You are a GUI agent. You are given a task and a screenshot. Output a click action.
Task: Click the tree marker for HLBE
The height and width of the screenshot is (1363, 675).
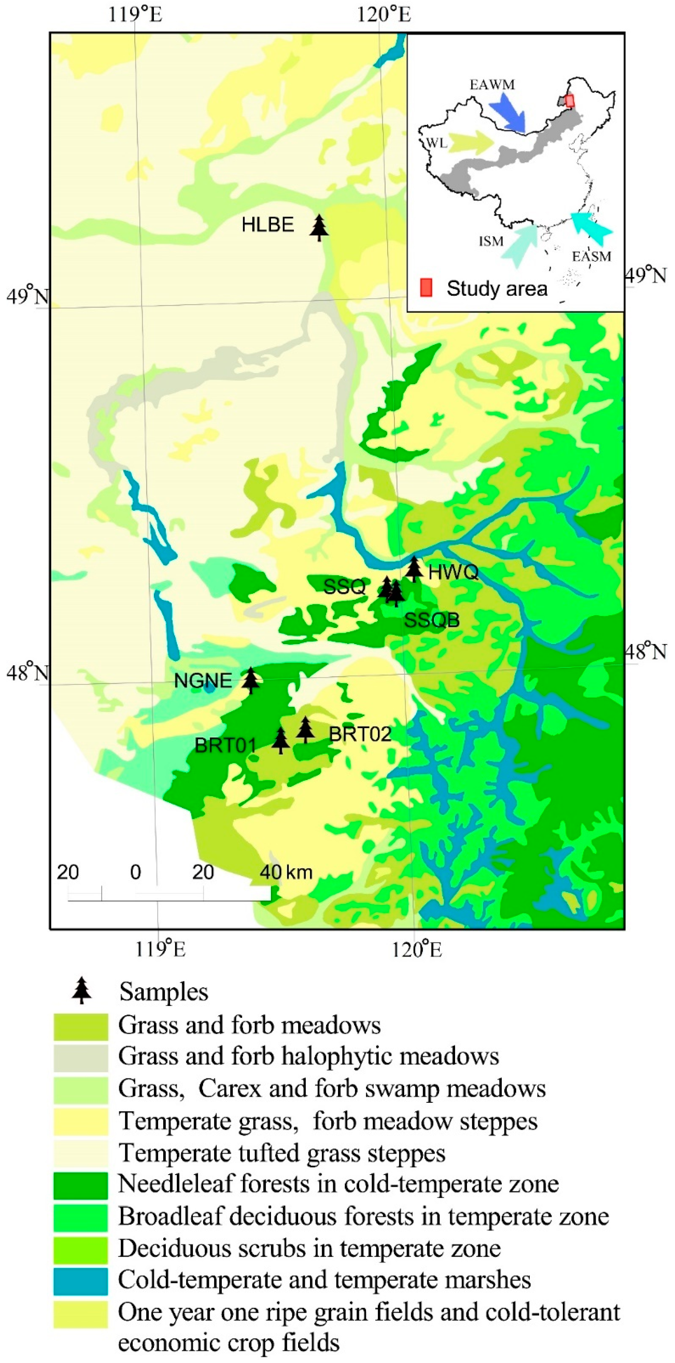click(x=319, y=227)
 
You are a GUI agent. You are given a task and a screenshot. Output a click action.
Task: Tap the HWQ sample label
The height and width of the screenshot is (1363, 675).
click(x=453, y=572)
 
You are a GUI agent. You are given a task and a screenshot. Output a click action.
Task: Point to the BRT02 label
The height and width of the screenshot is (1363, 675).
click(x=360, y=734)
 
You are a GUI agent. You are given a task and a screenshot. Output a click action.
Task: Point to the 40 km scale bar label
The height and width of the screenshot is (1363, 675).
click(x=286, y=872)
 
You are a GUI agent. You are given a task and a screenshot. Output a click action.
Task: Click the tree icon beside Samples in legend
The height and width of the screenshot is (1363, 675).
click(x=82, y=991)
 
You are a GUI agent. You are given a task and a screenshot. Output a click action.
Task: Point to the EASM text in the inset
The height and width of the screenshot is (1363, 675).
click(x=592, y=257)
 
